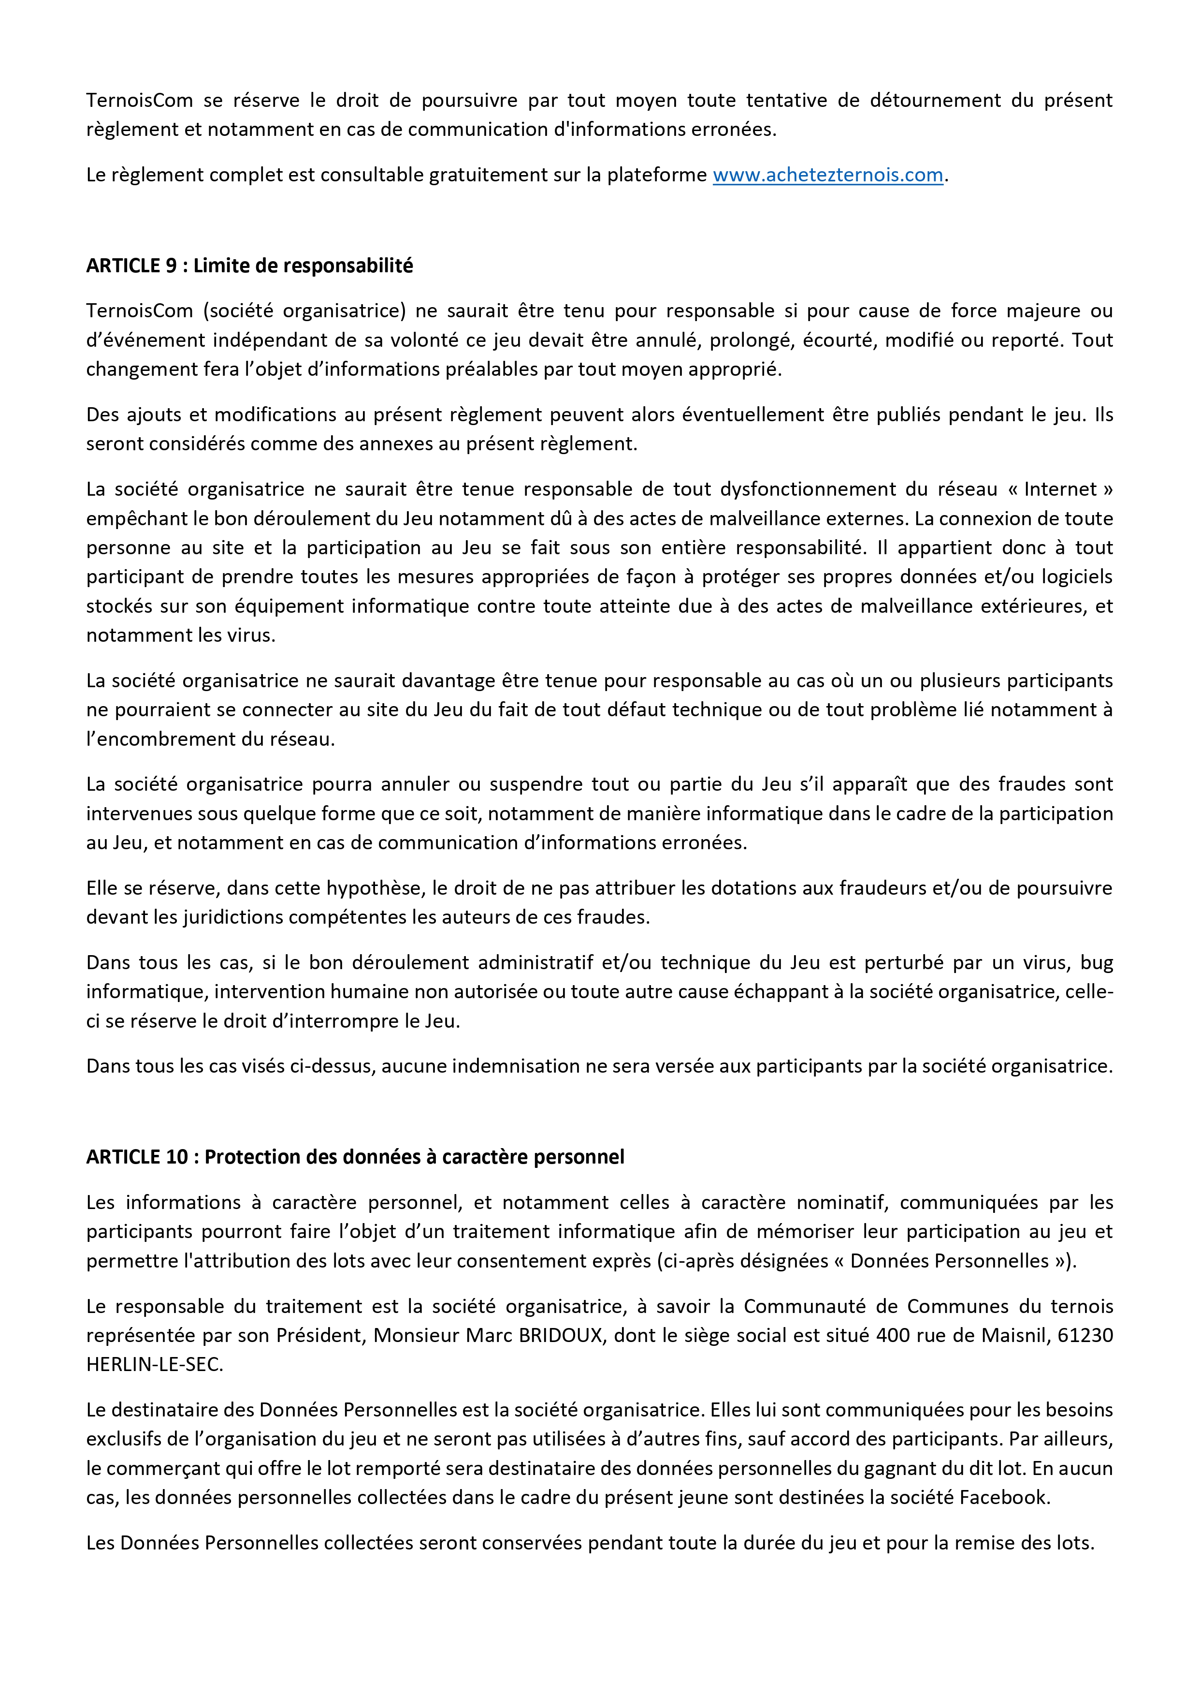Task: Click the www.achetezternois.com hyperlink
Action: coord(827,175)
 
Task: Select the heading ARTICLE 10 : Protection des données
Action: coord(355,1157)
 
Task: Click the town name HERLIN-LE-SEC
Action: coord(154,1364)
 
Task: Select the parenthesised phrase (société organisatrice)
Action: coord(304,310)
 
